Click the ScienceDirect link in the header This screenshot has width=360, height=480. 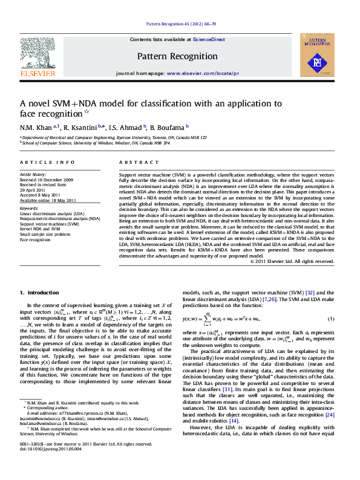point(209,39)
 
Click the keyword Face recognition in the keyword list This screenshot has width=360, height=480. point(36,239)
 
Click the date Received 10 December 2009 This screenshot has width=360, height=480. point(47,180)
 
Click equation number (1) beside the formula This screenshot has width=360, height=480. point(330,319)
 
